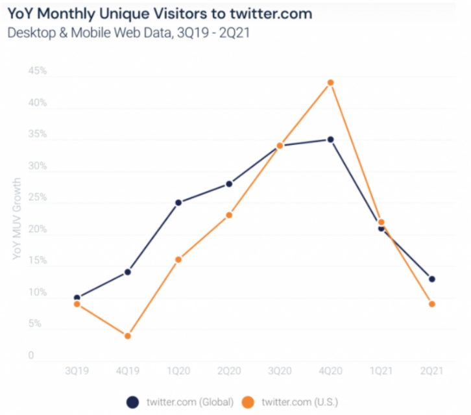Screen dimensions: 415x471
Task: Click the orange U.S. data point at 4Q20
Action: [331, 82]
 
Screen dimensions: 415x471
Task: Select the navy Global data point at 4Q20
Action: [331, 140]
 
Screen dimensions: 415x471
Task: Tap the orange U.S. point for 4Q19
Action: [128, 336]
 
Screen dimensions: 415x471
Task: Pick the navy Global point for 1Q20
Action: [178, 203]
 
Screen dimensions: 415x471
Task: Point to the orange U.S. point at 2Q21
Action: [432, 304]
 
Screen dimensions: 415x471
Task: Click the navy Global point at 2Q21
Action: [432, 279]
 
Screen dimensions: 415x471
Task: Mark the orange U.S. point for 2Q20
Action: [229, 215]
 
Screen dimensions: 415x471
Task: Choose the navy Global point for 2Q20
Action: [229, 184]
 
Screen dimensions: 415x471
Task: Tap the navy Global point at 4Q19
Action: [128, 272]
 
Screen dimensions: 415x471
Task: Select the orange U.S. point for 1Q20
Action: [178, 260]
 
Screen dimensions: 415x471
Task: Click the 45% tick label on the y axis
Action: [38, 71]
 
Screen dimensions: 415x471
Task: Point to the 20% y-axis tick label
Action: [38, 229]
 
